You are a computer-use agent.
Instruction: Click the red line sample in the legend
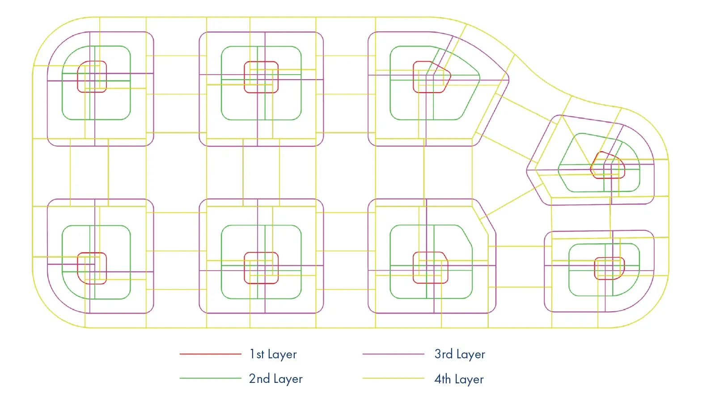click(210, 354)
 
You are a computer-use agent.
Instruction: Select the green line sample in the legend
click(210, 378)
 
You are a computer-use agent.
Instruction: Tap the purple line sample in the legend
click(393, 354)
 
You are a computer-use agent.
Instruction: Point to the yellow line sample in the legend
click(393, 378)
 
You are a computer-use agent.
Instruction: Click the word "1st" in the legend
click(257, 354)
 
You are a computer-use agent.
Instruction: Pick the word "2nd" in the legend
click(259, 378)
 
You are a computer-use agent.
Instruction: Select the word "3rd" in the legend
click(444, 354)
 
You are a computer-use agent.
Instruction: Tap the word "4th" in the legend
click(443, 379)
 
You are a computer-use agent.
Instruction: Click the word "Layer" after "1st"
click(282, 354)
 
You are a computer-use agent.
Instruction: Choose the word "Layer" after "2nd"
click(288, 379)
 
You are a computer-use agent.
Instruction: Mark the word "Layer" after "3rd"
click(470, 354)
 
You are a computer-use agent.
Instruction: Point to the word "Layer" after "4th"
click(469, 379)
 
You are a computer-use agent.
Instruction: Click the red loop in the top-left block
click(78, 76)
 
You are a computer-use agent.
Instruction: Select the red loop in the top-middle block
click(244, 77)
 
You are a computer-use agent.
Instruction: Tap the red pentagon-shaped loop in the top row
click(414, 76)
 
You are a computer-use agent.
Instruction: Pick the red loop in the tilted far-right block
click(624, 169)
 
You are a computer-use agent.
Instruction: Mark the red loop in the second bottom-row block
click(244, 267)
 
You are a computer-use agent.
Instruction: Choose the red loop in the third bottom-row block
click(414, 267)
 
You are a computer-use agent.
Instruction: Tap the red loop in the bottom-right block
click(595, 268)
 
